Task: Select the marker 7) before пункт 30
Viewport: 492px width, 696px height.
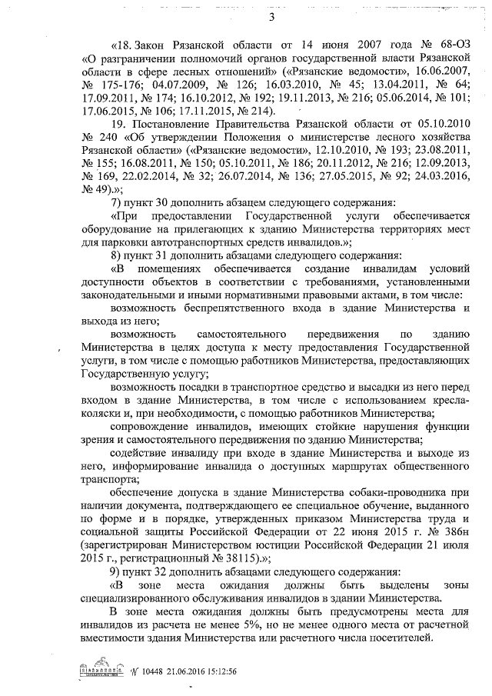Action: coord(117,201)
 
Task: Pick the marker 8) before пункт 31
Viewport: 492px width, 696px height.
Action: coord(117,255)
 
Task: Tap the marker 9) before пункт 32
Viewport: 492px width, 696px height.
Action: coord(117,571)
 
